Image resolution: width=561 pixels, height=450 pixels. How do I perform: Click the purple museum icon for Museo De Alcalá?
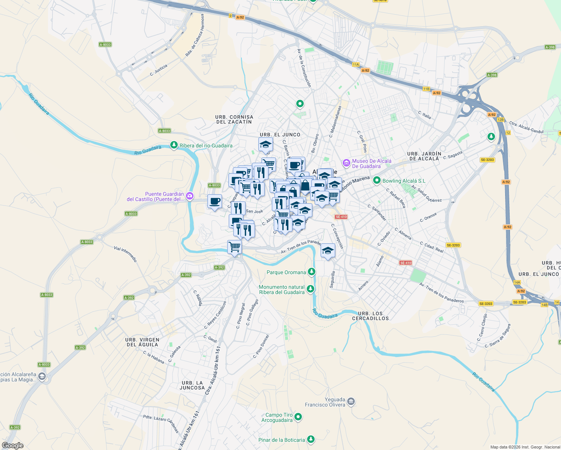[346, 163]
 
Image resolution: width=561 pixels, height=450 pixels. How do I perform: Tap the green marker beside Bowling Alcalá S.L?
[377, 181]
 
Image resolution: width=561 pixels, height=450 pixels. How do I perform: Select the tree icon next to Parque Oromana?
[311, 272]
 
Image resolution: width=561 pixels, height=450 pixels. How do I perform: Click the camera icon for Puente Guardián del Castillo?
[190, 196]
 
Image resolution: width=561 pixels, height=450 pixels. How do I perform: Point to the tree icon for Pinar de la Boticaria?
[310, 439]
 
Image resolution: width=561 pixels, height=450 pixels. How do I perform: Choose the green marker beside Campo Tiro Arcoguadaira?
[298, 417]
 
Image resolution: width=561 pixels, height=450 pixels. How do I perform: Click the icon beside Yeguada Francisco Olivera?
[351, 402]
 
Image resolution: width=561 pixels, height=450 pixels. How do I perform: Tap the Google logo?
[13, 445]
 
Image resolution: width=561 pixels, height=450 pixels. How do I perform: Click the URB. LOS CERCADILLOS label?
[370, 316]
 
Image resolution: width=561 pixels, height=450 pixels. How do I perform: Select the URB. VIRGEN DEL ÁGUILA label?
[142, 342]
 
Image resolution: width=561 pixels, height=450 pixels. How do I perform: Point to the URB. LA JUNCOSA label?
[192, 385]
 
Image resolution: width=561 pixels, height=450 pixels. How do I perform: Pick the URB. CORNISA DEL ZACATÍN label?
[234, 119]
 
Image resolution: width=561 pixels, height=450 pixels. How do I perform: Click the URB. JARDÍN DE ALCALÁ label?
[424, 156]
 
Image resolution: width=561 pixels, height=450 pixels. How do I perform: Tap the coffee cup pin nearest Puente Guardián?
[214, 201]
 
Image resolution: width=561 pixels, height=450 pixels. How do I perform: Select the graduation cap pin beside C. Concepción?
[328, 250]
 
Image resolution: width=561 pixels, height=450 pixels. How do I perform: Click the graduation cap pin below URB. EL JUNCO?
[265, 145]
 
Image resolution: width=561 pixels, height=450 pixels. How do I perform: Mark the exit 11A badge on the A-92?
[356, 64]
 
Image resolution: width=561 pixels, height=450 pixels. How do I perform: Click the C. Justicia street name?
[159, 70]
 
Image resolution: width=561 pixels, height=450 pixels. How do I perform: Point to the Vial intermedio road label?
[126, 254]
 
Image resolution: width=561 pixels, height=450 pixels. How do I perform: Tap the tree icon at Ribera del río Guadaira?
[174, 145]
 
